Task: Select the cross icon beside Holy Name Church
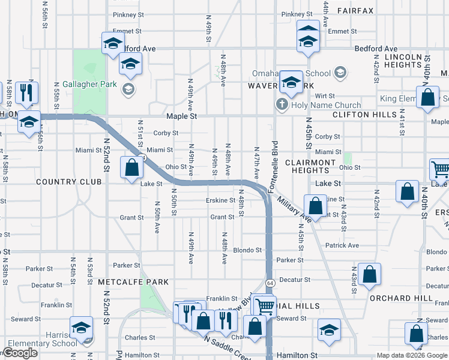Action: pyautogui.click(x=281, y=105)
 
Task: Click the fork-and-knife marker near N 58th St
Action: pyautogui.click(x=26, y=92)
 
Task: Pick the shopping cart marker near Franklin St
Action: pyautogui.click(x=264, y=307)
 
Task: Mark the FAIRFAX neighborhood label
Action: pyautogui.click(x=355, y=11)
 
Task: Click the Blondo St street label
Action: pyautogui.click(x=248, y=250)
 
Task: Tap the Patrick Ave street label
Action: pyautogui.click(x=342, y=245)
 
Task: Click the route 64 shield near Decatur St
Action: pyautogui.click(x=271, y=282)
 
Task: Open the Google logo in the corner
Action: pyautogui.click(x=20, y=353)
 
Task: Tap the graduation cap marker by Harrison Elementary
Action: pyautogui.click(x=81, y=328)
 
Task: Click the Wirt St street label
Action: pyautogui.click(x=325, y=95)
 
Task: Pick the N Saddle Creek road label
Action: pyautogui.click(x=228, y=347)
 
